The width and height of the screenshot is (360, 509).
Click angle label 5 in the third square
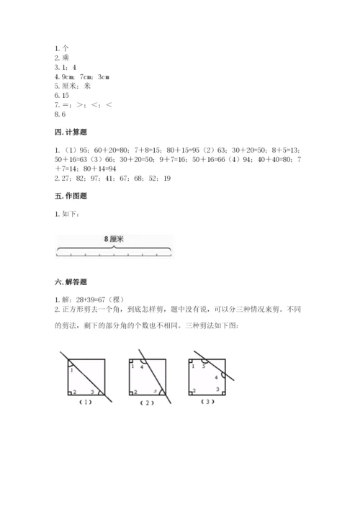pyautogui.click(x=204, y=366)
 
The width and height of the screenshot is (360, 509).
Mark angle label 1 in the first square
pyautogui.click(x=71, y=369)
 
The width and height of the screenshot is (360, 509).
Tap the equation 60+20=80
pyautogui.click(x=105, y=149)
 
